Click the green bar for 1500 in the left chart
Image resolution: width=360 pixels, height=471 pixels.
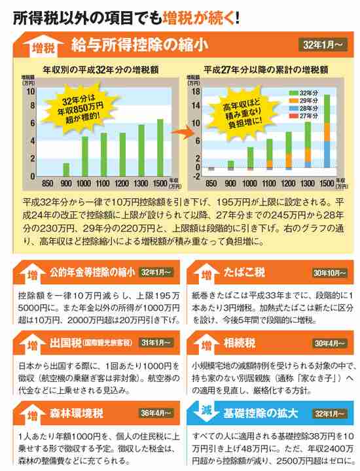(x=160, y=148)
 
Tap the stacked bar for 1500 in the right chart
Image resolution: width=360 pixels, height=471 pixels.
(x=327, y=131)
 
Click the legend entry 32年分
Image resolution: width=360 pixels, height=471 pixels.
(x=303, y=93)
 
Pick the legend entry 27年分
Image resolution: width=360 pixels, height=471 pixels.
(x=303, y=116)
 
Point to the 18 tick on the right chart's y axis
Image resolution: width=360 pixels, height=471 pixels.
(x=194, y=92)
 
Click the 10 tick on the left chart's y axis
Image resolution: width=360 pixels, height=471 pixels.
(x=31, y=92)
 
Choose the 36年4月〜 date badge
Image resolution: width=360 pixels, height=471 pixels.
(x=154, y=413)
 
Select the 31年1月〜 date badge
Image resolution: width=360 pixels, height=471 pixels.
(x=154, y=342)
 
